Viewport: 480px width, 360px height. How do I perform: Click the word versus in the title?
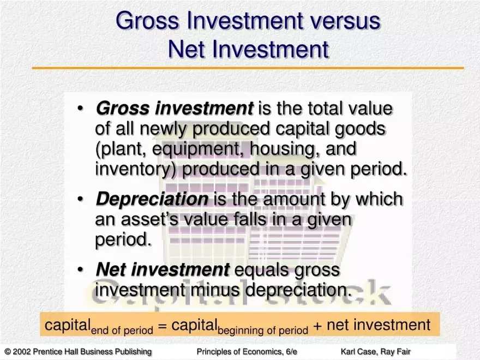(x=343, y=21)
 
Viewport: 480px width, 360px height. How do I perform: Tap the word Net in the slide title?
(x=187, y=49)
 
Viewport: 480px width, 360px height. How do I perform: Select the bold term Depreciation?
(x=152, y=199)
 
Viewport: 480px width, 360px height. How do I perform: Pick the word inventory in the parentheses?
(x=134, y=169)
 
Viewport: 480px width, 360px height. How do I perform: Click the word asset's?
(x=149, y=219)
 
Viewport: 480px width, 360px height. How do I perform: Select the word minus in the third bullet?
(x=215, y=290)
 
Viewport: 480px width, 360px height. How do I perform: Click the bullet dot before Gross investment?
(x=80, y=109)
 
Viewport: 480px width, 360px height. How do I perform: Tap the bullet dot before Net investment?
(x=80, y=269)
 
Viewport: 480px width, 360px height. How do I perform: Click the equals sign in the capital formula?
(x=163, y=326)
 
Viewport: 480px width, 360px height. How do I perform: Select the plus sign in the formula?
(x=317, y=326)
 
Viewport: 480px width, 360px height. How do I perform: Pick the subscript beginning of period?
(x=263, y=331)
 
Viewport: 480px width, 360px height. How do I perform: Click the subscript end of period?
(x=122, y=331)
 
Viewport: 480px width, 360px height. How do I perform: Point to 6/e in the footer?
(x=291, y=351)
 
